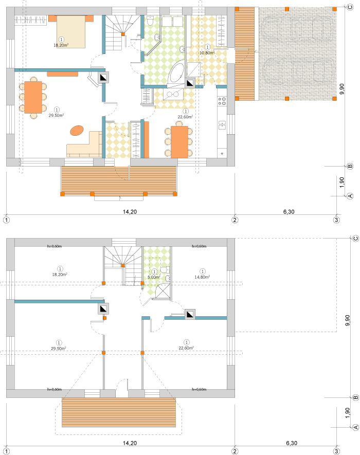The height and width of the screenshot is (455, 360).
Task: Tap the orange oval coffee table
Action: [77, 131]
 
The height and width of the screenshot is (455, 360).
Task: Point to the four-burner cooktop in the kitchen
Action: [222, 100]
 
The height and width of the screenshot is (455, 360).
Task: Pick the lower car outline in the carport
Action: [296, 75]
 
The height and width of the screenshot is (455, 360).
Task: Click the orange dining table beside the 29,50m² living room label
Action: [34, 97]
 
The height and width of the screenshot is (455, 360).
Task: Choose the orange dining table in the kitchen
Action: [179, 142]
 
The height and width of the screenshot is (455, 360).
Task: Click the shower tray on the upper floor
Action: [163, 291]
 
